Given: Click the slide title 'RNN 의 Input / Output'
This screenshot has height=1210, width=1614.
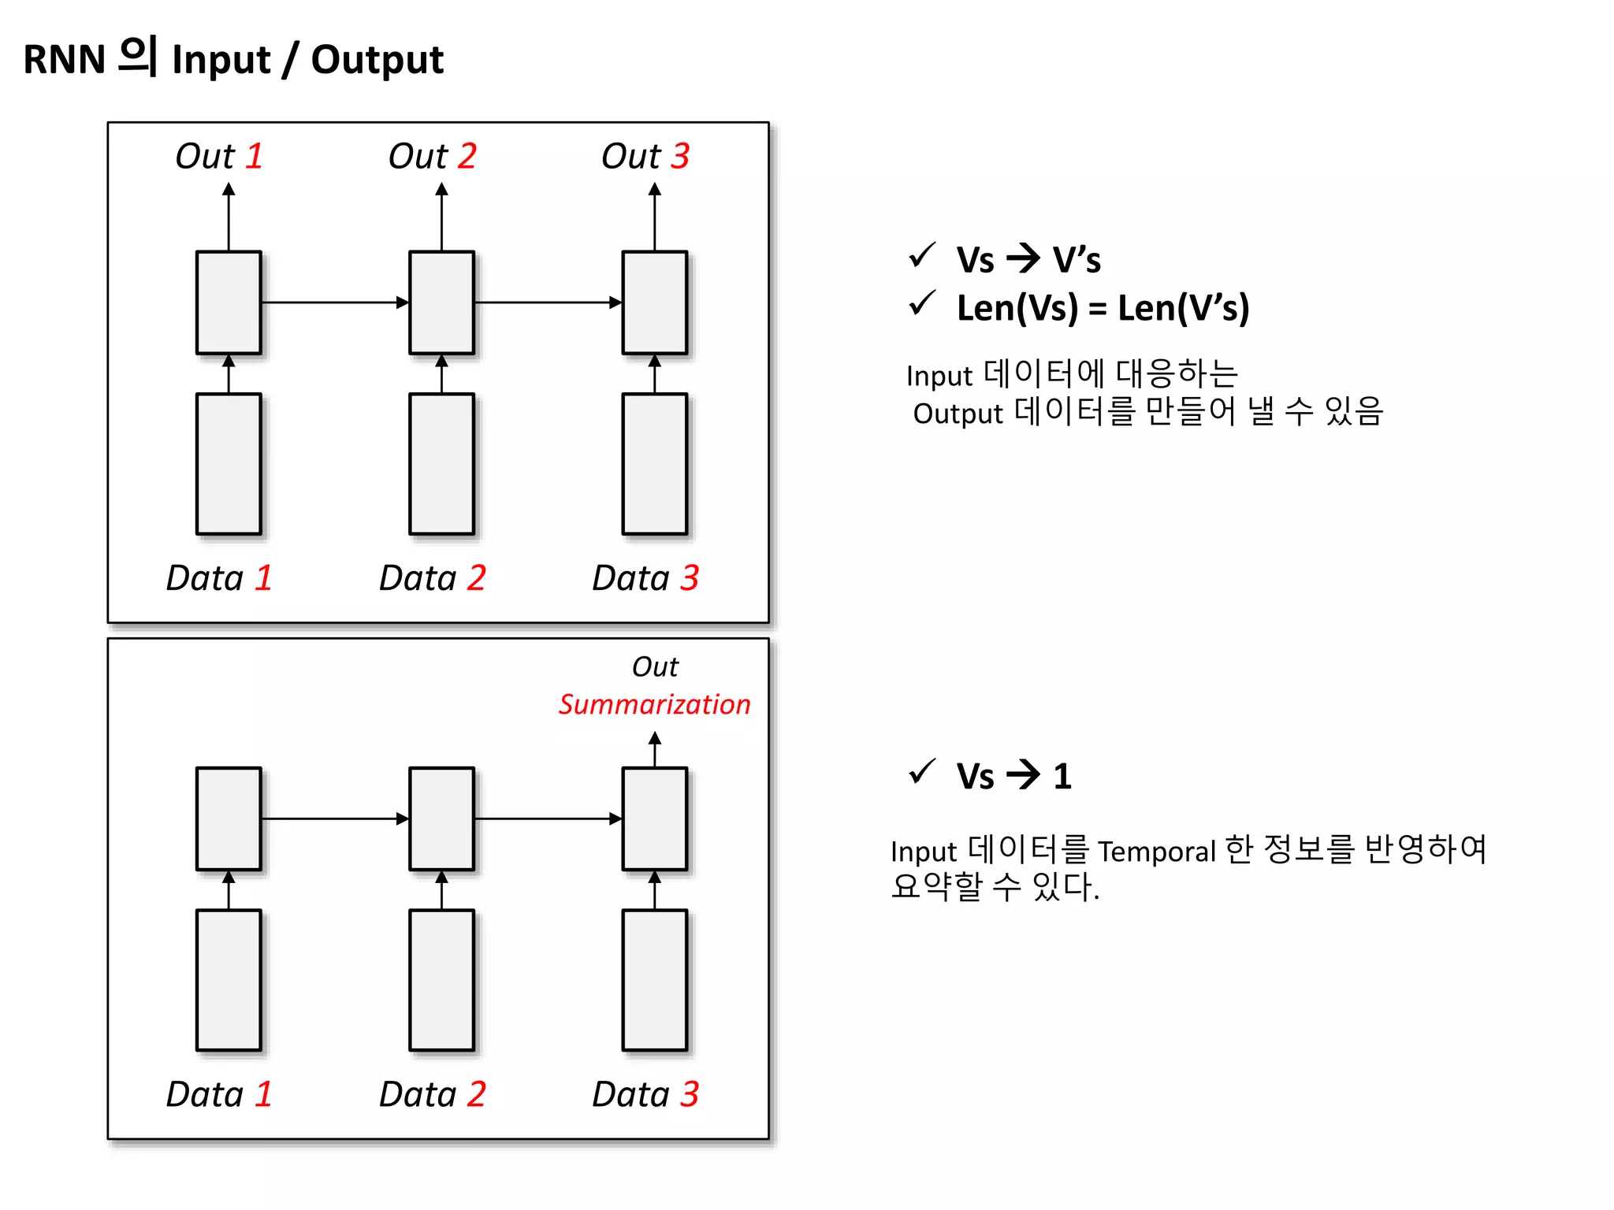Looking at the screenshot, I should [x=233, y=59].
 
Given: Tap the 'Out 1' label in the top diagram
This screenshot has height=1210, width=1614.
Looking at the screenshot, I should [x=218, y=156].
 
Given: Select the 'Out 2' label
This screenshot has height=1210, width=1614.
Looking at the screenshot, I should [x=432, y=156].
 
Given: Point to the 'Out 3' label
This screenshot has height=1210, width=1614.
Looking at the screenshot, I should [x=645, y=156].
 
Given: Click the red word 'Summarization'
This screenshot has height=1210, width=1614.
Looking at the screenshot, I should [x=654, y=704].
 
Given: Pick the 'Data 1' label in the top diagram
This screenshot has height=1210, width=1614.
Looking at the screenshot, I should [x=218, y=578].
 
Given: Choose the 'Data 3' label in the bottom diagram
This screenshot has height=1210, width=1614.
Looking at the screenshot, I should [x=645, y=1094].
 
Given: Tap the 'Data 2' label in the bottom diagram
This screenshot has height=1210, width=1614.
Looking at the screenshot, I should [x=432, y=1094].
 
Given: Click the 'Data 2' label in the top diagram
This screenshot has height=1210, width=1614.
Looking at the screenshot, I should [x=432, y=578].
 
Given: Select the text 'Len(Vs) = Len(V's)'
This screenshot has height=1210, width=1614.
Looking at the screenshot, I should [x=1103, y=307].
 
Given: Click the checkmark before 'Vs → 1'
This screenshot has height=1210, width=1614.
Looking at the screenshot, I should [x=922, y=772].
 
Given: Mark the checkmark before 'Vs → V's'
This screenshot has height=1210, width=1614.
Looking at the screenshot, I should [x=922, y=255].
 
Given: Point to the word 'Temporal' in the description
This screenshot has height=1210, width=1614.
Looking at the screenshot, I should [x=1157, y=852].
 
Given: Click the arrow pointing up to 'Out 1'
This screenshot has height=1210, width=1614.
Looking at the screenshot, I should [x=229, y=217].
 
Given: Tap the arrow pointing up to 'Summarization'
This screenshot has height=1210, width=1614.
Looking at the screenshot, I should [x=655, y=748].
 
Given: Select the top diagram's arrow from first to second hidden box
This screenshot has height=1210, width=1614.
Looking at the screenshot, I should [x=335, y=302].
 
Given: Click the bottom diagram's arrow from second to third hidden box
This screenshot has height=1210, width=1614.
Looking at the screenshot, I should [x=548, y=818].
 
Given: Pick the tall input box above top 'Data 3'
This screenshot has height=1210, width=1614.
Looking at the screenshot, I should [x=655, y=464].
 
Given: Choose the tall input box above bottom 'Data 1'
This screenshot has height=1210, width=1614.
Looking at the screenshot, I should [x=229, y=980].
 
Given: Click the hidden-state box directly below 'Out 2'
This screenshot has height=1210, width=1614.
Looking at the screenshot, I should [x=441, y=302].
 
